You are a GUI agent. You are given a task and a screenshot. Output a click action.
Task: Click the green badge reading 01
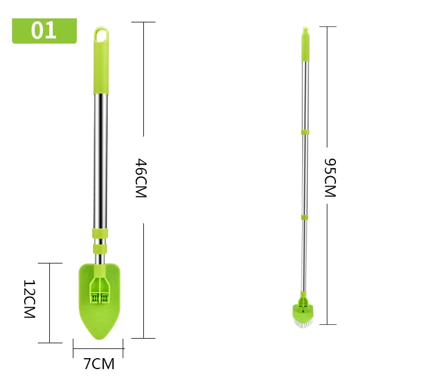pos(44,30)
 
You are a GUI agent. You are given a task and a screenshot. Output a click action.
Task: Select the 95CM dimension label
pos(329,178)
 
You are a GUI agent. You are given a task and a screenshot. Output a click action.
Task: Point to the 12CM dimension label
pos(29,300)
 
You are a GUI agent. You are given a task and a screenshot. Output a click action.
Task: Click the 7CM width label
pos(99,363)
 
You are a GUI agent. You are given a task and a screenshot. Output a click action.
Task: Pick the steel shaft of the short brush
pos(100,161)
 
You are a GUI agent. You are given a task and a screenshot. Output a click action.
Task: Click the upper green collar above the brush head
pos(100,234)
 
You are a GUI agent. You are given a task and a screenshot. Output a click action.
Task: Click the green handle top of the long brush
pos(306,46)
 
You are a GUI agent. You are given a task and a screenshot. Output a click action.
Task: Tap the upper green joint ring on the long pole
pos(305,133)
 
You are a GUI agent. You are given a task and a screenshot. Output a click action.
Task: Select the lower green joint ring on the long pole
pos(304,218)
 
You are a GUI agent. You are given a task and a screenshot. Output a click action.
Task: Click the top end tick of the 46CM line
pos(143,22)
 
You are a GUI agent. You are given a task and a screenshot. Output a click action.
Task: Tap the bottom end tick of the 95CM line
pos(327,324)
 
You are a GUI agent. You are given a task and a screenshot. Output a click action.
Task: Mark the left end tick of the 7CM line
pos(73,347)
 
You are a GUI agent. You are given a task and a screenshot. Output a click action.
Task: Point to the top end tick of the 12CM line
pos(50,263)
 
